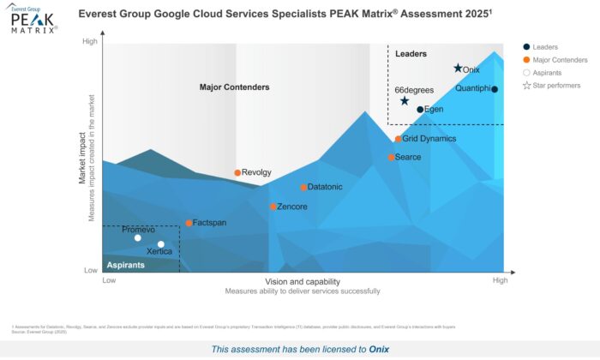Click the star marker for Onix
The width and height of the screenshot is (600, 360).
pyautogui.click(x=458, y=69)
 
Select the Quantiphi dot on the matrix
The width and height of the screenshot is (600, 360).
pyautogui.click(x=495, y=89)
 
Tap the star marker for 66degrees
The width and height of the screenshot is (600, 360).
pyautogui.click(x=405, y=101)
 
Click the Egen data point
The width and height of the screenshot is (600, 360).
pyautogui.click(x=420, y=110)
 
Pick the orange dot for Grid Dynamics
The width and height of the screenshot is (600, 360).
pyautogui.click(x=399, y=139)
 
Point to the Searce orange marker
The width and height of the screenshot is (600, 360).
pyautogui.click(x=392, y=158)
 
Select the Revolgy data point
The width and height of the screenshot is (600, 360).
pyautogui.click(x=237, y=173)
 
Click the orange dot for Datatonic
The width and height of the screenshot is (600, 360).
pyautogui.click(x=303, y=188)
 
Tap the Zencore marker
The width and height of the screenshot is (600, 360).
pyautogui.click(x=273, y=207)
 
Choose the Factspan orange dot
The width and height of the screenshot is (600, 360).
pyautogui.click(x=189, y=224)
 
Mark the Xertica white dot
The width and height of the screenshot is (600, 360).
pyautogui.click(x=160, y=245)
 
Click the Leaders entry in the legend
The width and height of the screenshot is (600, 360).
pyautogui.click(x=545, y=47)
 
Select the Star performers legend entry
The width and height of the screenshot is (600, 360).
pyautogui.click(x=555, y=86)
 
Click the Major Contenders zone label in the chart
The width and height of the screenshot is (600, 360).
pyautogui.click(x=234, y=87)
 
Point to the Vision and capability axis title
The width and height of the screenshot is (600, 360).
pyautogui.click(x=303, y=281)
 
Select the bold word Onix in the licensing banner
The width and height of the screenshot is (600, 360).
pyautogui.click(x=379, y=350)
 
